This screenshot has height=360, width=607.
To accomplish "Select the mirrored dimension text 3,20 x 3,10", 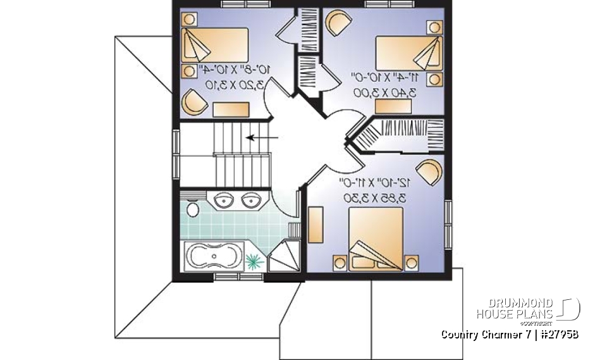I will tap(223, 84).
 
